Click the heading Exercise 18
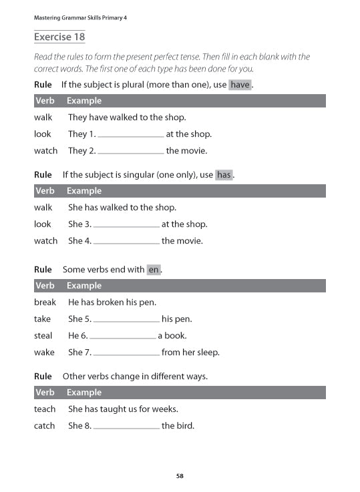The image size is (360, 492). pyautogui.click(x=59, y=37)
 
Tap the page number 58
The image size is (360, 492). pyautogui.click(x=180, y=476)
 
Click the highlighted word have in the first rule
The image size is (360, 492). pyautogui.click(x=240, y=85)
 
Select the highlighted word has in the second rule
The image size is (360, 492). pyautogui.click(x=224, y=175)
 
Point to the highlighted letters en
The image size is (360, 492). pyautogui.click(x=154, y=270)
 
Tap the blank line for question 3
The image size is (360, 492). pyautogui.click(x=126, y=225)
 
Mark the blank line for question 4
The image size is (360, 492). pyautogui.click(x=126, y=242)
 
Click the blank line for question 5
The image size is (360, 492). pyautogui.click(x=126, y=320)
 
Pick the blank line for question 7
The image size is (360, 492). pyautogui.click(x=126, y=353)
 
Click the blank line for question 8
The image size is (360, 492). pyautogui.click(x=126, y=427)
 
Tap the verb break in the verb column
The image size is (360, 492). pyautogui.click(x=45, y=302)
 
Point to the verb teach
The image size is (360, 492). pyautogui.click(x=45, y=409)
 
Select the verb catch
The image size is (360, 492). pyautogui.click(x=44, y=425)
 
